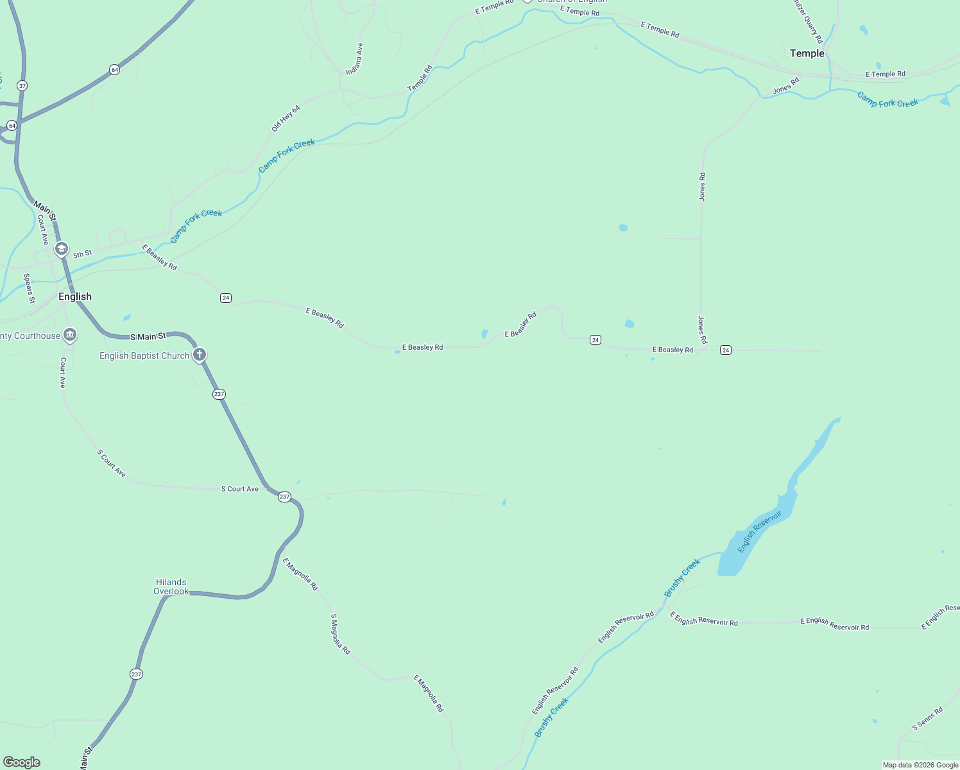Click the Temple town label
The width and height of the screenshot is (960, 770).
(807, 53)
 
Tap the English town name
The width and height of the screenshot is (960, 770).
(75, 296)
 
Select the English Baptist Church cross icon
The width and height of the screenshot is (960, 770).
(200, 354)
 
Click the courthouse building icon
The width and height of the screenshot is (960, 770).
(70, 335)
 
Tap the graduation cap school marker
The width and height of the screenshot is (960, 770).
(62, 248)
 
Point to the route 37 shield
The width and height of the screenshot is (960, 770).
(22, 85)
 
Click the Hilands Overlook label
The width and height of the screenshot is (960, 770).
(171, 586)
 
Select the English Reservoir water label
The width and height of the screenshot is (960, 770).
(759, 532)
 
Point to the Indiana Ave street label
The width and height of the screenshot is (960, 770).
(355, 59)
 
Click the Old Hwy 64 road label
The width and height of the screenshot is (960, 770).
(286, 119)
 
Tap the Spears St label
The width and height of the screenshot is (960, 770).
(29, 288)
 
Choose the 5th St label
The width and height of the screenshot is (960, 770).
(82, 254)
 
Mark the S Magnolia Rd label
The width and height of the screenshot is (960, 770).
(340, 633)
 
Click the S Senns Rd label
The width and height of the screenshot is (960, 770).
(927, 719)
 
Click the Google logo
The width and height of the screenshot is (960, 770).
(22, 762)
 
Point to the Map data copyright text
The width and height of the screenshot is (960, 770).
(920, 765)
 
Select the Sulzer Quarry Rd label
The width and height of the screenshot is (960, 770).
(808, 22)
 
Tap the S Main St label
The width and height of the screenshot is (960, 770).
(148, 336)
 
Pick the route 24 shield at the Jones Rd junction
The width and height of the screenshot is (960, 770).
(725, 350)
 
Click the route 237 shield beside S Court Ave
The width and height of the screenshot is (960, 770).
(284, 497)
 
